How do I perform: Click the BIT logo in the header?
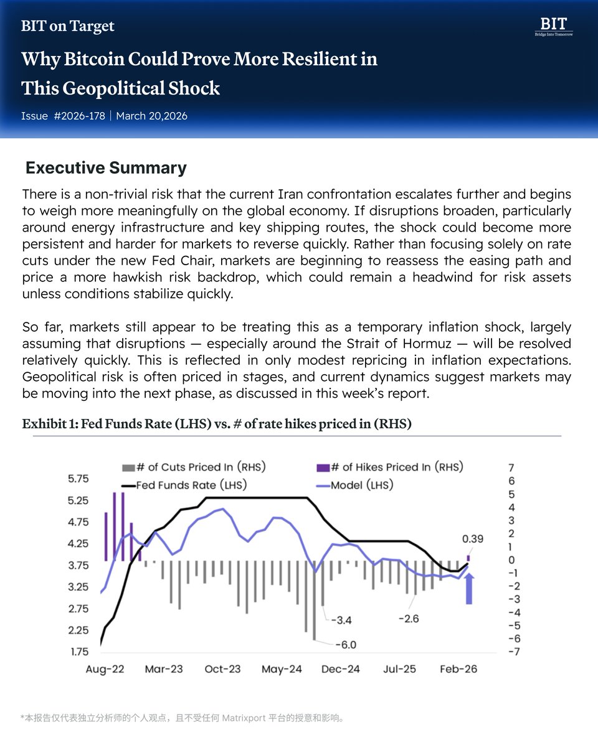(553, 26)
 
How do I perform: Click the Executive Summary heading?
(106, 167)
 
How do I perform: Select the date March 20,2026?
(151, 116)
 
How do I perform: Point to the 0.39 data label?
(473, 539)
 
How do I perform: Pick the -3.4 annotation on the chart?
(341, 620)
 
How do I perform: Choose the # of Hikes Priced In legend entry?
(399, 467)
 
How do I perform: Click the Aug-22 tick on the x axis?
(105, 669)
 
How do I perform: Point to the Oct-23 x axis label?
(223, 669)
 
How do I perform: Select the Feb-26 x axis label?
(458, 669)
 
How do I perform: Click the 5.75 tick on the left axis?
(78, 479)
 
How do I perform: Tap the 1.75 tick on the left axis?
(78, 652)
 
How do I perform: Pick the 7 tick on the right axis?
(511, 467)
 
